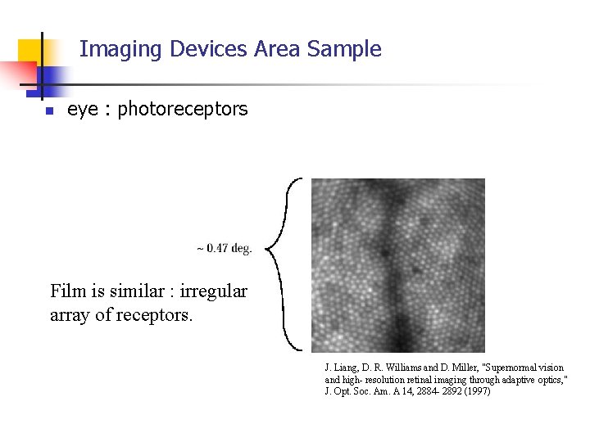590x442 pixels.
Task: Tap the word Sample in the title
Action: tap(344, 49)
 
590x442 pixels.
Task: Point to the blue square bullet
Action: tap(48, 110)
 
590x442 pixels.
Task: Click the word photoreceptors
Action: tap(182, 109)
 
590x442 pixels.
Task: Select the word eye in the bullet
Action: tap(82, 110)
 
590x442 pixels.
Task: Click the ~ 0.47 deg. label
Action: tap(224, 248)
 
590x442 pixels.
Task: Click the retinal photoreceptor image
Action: tap(397, 265)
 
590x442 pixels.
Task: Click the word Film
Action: tap(67, 291)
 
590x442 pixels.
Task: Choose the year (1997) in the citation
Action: tap(476, 391)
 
